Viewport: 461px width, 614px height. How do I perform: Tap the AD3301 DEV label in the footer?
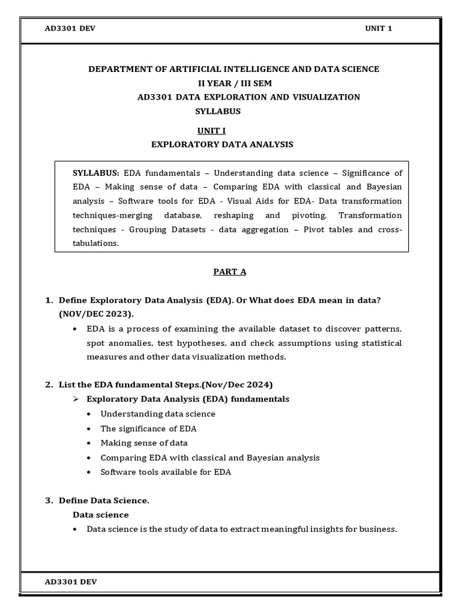(71, 582)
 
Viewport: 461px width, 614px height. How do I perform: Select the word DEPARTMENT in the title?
(117, 69)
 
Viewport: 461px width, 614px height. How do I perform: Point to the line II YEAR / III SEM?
(230, 83)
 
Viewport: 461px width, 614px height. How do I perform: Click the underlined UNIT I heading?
(212, 131)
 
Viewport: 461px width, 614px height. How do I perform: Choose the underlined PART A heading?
(230, 272)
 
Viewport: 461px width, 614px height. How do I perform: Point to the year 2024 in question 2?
(259, 384)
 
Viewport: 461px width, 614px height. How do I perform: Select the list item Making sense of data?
(144, 443)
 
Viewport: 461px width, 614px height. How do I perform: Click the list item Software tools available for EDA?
(166, 472)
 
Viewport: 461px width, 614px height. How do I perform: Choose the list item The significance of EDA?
(148, 429)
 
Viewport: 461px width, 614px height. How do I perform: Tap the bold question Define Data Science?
(104, 501)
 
